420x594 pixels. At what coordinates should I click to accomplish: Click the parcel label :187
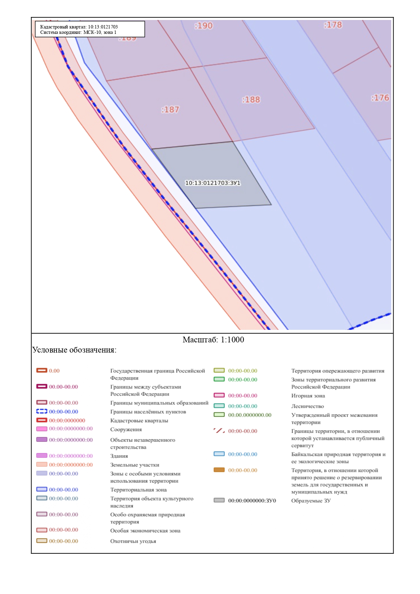170,110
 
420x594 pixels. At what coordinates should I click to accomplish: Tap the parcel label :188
251,100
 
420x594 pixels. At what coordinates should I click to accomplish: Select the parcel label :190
204,26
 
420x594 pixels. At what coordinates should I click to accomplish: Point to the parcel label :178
333,25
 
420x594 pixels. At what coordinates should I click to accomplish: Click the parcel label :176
380,98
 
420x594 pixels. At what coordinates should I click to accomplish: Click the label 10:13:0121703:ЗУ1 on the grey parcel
213,183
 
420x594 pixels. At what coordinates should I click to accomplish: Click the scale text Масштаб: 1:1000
213,340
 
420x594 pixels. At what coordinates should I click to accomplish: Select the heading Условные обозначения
74,350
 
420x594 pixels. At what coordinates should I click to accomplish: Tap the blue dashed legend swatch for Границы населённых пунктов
42,411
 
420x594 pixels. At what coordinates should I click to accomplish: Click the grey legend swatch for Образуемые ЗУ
219,500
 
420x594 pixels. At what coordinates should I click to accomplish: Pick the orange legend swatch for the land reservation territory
219,470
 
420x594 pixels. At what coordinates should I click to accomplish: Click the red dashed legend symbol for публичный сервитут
219,431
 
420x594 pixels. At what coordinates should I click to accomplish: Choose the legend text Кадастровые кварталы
139,421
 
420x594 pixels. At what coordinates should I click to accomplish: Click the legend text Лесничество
308,406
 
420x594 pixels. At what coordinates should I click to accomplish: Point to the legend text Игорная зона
308,396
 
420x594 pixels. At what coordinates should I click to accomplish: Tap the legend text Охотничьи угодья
133,541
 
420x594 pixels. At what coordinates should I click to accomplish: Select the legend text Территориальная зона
138,490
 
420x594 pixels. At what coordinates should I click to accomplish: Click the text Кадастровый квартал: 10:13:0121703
79,27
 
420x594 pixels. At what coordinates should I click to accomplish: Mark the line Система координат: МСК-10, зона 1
78,33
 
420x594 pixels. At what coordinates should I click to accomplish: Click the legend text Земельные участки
135,465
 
